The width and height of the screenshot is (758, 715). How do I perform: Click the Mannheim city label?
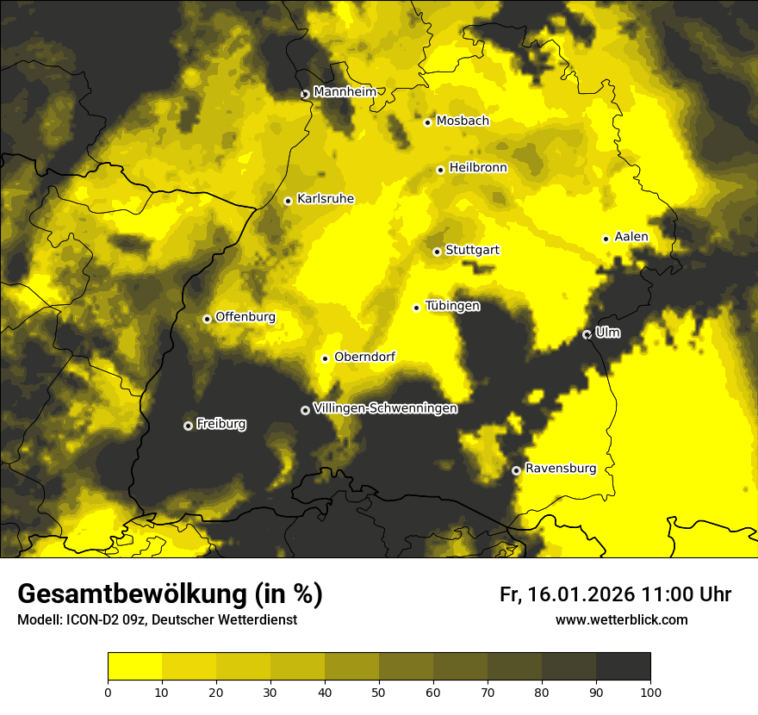[345, 92]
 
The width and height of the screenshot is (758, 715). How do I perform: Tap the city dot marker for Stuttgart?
[437, 252]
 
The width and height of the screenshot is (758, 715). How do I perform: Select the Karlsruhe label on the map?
[325, 199]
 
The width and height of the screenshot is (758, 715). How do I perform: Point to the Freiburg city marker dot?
[188, 426]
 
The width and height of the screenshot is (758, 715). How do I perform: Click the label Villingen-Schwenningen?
[385, 408]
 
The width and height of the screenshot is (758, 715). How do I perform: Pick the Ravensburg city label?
[560, 469]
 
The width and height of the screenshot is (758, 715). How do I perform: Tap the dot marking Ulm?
[587, 334]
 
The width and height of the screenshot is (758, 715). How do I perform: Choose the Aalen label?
[631, 237]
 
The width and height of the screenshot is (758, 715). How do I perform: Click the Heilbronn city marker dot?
[440, 170]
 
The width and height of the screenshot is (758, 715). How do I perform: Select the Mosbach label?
[463, 121]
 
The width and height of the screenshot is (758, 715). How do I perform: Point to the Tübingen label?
[452, 306]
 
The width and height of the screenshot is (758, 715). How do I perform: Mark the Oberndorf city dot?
[325, 358]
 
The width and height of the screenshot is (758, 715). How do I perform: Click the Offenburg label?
[245, 317]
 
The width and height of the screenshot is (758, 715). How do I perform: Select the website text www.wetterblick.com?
[621, 619]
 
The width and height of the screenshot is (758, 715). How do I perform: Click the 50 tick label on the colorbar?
[379, 691]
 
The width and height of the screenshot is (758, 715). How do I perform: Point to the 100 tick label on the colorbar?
[650, 691]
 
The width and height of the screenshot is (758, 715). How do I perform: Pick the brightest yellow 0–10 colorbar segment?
[134, 666]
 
